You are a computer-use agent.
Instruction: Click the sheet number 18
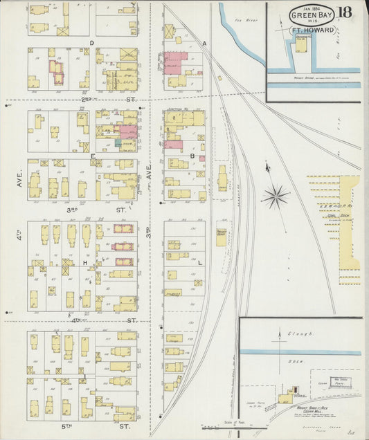[x=344, y=12]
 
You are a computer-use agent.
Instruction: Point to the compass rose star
[x=276, y=195]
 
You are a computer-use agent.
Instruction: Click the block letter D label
[x=91, y=43]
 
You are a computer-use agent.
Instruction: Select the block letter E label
[x=91, y=156]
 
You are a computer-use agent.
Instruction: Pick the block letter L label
[x=199, y=263]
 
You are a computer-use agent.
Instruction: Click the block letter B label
[x=191, y=156]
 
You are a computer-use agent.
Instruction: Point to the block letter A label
[x=205, y=43]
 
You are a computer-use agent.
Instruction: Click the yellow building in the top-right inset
[x=302, y=45]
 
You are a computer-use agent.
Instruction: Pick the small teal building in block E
[x=118, y=143]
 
